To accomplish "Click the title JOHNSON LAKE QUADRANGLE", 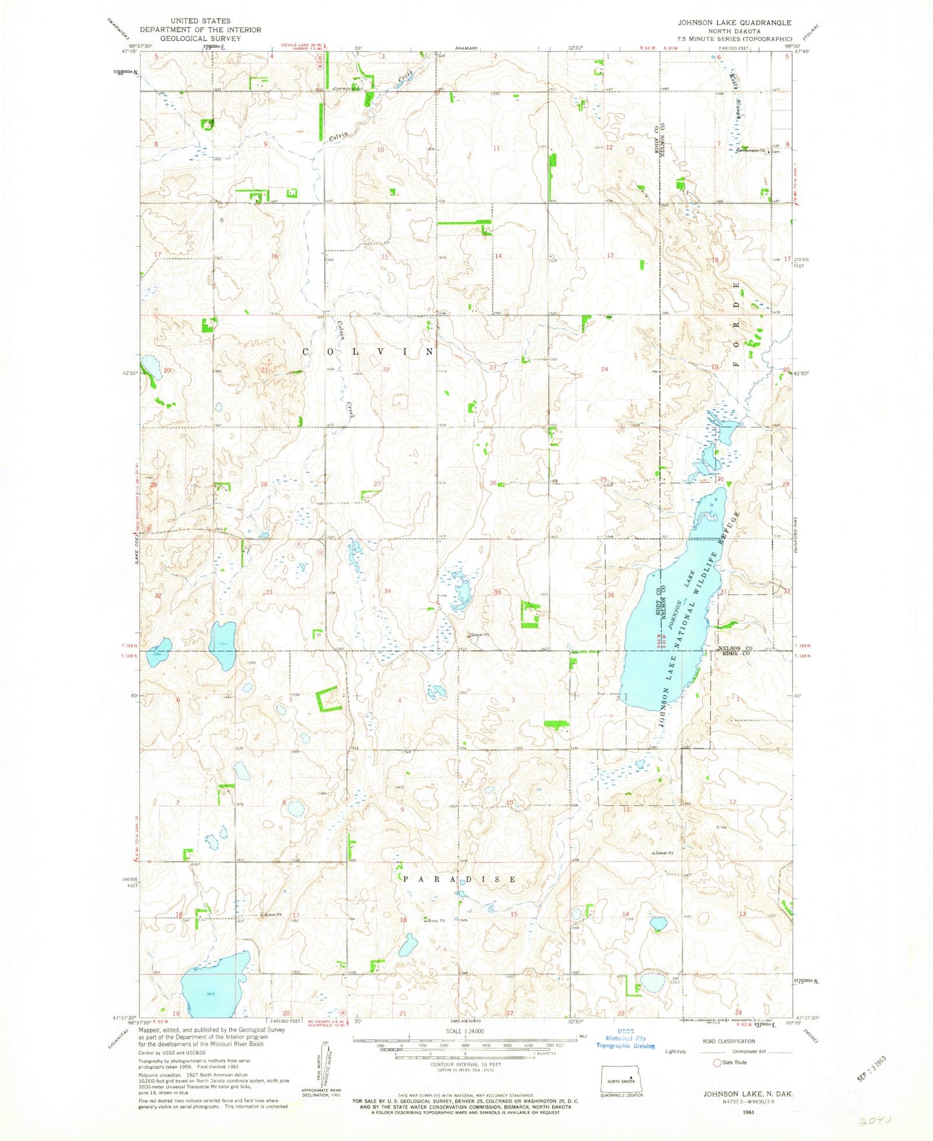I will [734, 23].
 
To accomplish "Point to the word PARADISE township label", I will [459, 879].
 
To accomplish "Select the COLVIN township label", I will [369, 351].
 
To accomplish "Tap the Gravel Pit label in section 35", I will [479, 635].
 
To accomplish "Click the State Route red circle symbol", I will [717, 1063].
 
